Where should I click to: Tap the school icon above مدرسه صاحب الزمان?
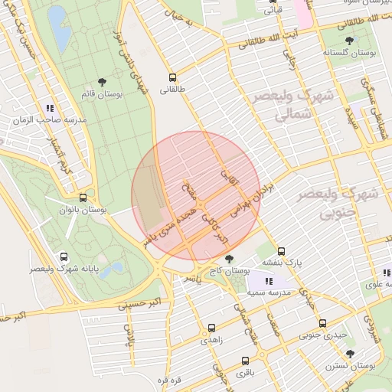50,109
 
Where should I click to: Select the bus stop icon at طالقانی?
172,77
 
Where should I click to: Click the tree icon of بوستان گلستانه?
350,41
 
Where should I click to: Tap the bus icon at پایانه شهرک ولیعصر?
63,258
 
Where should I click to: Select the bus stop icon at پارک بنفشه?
282,251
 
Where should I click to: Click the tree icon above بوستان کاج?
229,260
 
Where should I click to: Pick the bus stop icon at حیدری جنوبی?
322,323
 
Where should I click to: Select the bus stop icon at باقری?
245,361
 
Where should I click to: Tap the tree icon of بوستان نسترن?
350,354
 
